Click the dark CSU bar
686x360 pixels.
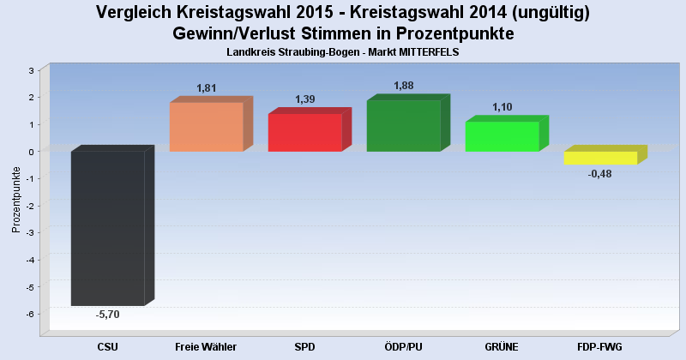pos(107,228)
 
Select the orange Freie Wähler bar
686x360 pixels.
pos(206,127)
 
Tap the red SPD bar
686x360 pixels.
pos(304,133)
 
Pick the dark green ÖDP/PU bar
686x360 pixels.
pos(403,126)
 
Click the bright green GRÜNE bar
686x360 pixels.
pos(502,136)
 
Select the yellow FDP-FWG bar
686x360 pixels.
pos(600,158)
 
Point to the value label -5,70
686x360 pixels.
pos(107,315)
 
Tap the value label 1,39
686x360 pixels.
pos(305,99)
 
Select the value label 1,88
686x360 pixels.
pos(404,86)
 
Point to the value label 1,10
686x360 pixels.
pos(502,107)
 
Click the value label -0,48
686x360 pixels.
pos(600,174)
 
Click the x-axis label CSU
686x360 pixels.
pos(107,346)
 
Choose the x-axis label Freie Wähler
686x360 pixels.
pos(206,346)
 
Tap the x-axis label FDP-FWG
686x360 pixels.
pos(600,346)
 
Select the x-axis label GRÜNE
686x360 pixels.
pos(502,346)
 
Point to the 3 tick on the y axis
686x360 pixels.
pos(31,70)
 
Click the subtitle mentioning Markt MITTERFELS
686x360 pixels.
pos(343,52)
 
